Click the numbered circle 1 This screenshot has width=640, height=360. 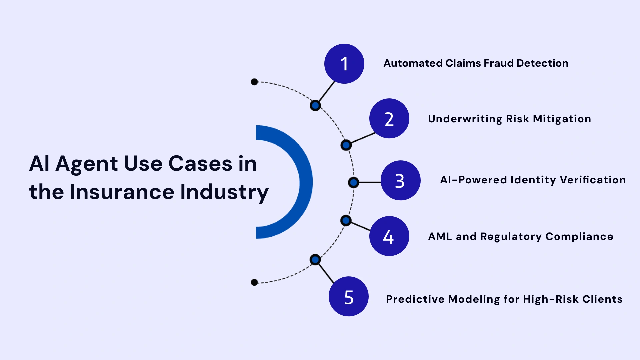pos(344,64)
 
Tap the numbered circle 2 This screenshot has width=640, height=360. pos(389,118)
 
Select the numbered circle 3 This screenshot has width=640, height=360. pos(400,180)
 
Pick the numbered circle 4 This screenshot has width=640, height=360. pos(389,236)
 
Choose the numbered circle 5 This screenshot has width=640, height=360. pos(348,296)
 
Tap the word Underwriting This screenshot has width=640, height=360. pos(465,119)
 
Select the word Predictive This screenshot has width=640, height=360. pos(415,299)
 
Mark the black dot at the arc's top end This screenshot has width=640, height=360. pos(254,82)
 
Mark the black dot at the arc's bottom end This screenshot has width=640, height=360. pos(254,282)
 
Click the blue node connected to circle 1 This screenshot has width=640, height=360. pos(315,106)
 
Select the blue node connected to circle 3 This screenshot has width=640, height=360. pos(353,182)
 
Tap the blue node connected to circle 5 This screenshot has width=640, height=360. pos(315,260)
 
